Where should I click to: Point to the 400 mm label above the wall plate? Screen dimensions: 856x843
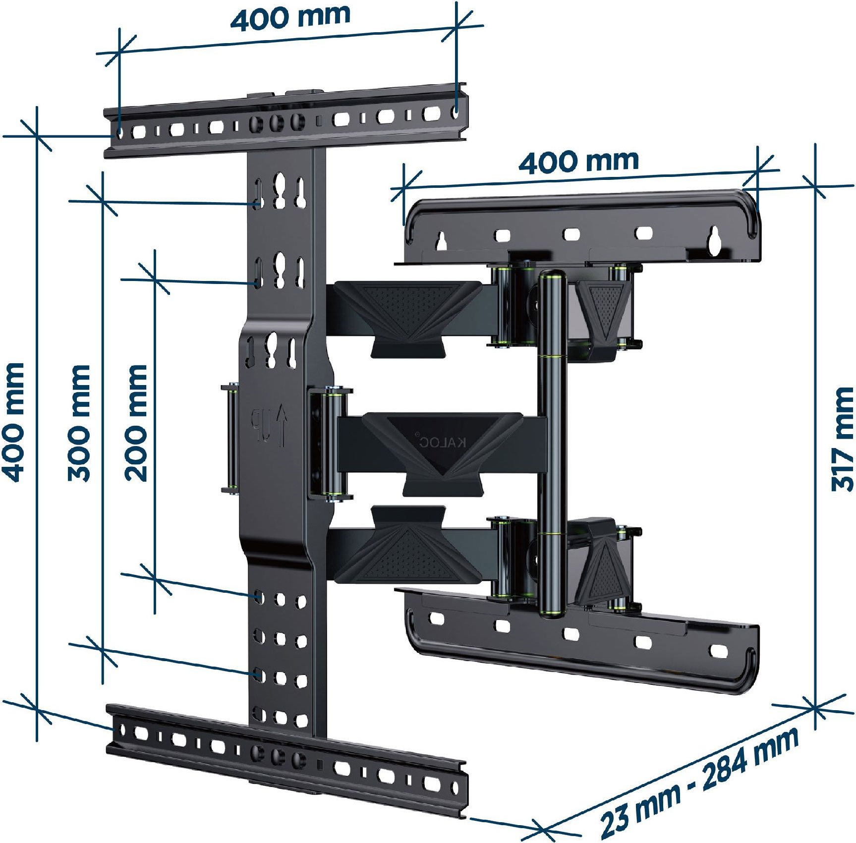578,162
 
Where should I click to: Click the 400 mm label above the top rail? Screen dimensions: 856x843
290,18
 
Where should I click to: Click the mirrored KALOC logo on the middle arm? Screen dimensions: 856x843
441,441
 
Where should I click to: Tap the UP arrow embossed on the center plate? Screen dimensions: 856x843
282,424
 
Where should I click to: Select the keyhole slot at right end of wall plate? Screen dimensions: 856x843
714,241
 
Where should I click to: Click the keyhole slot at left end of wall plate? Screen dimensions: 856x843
442,241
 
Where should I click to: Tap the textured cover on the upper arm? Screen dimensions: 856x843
408,314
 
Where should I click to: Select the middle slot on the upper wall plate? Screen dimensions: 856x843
571,234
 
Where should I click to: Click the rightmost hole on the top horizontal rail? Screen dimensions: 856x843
456,112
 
